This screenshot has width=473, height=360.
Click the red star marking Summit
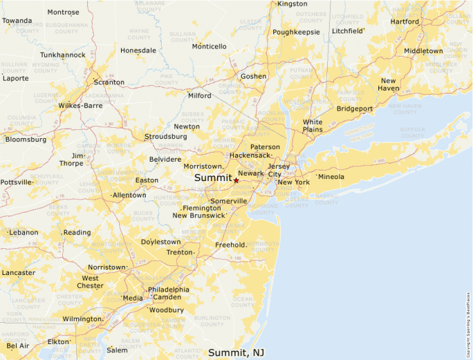coord(236,180)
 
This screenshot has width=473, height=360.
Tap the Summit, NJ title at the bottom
coord(236,353)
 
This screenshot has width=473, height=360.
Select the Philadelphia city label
coord(168,290)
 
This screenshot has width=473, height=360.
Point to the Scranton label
coord(109,82)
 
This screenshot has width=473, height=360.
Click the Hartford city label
coord(405,21)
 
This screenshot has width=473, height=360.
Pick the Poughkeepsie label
coord(296,32)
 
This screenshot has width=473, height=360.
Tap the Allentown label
coord(129,196)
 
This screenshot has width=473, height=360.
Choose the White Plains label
coord(313,126)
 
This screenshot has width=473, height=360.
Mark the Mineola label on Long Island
coord(331,177)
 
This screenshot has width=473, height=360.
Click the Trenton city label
coord(180,253)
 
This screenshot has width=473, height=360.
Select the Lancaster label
coord(18,273)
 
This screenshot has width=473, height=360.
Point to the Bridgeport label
coord(355,108)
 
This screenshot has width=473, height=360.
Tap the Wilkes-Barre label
coord(80,106)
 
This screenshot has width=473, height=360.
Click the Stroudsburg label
coord(165,137)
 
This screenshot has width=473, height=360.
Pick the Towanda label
coord(17,21)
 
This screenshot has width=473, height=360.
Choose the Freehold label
coord(230,245)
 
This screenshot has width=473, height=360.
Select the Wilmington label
coord(82,319)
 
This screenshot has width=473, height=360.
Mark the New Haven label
coord(389,85)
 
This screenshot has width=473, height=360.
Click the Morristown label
coord(203,167)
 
